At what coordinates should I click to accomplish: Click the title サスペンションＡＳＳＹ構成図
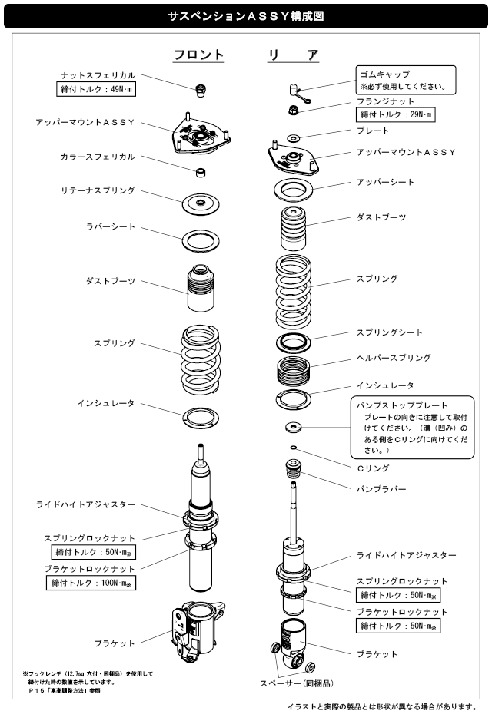click(246, 16)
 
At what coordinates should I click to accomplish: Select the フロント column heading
click(199, 55)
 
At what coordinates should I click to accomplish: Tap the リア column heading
click(293, 55)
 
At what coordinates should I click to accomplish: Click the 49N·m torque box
click(96, 89)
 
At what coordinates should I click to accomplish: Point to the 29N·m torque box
click(395, 114)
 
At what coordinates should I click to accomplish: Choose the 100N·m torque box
click(91, 583)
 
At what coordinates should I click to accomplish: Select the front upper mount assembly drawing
click(201, 134)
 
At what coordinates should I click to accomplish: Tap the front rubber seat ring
click(201, 241)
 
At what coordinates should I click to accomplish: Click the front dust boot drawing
click(201, 288)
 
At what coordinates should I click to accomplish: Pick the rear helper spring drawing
click(293, 370)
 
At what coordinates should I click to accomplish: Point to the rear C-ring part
click(293, 447)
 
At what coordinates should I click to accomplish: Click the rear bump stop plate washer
click(293, 427)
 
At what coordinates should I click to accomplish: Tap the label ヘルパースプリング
click(394, 358)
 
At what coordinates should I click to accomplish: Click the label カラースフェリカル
click(98, 157)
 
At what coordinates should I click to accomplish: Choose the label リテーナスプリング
click(98, 190)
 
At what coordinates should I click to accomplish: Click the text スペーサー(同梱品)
click(297, 683)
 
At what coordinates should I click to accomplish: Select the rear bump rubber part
click(294, 469)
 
